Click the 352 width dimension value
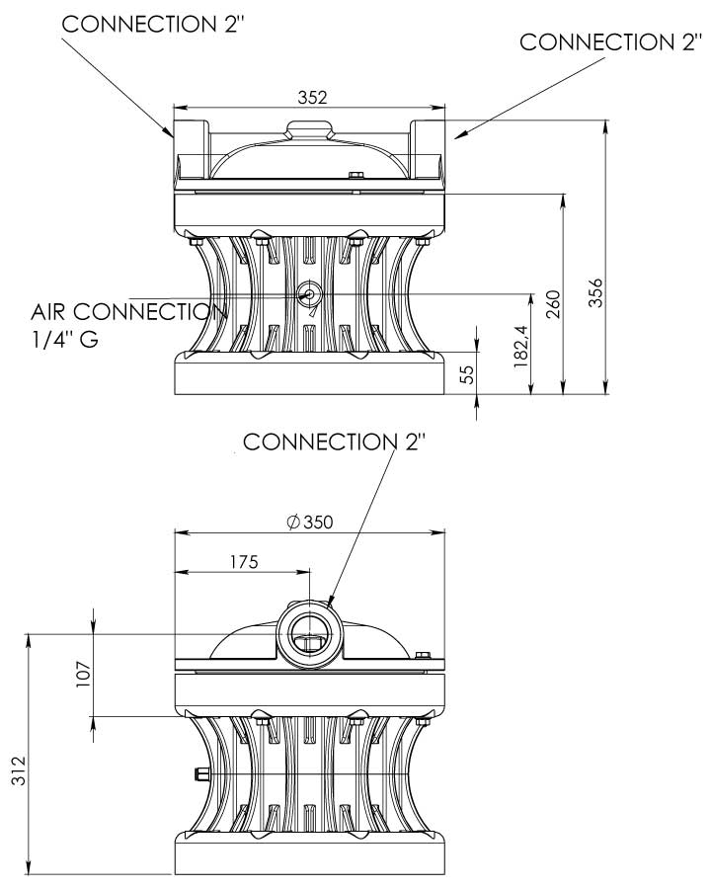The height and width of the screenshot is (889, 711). click(311, 97)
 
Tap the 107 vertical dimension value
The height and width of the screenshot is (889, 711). click(84, 674)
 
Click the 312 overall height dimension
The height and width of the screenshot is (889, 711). click(20, 766)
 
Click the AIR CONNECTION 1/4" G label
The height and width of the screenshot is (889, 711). click(123, 325)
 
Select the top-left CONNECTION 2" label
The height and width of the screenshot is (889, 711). click(153, 24)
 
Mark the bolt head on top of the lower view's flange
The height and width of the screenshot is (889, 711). click(424, 657)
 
